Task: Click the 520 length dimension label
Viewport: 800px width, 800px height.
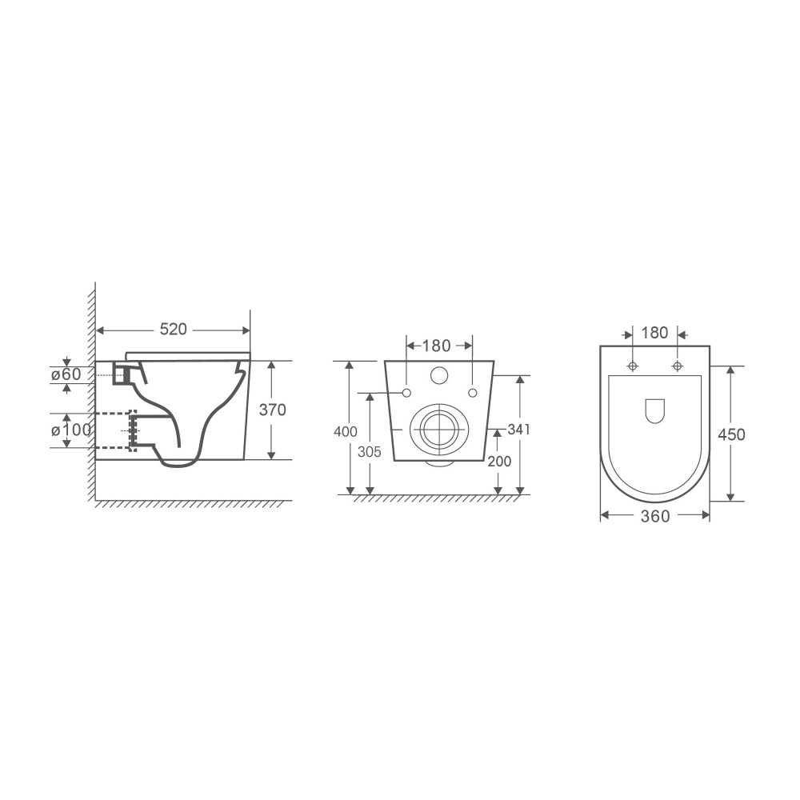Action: [174, 330]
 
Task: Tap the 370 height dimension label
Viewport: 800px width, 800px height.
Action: [273, 410]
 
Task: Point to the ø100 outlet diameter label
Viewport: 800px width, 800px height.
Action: [71, 430]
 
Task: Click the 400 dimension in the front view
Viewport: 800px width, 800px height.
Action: [346, 432]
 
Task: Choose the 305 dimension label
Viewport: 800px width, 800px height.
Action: [370, 452]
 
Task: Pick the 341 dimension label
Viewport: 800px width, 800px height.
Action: [519, 430]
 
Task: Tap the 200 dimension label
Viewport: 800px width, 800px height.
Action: [499, 462]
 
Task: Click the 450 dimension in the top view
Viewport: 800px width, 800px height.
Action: [732, 434]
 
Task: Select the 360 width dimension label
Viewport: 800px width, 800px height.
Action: [655, 516]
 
